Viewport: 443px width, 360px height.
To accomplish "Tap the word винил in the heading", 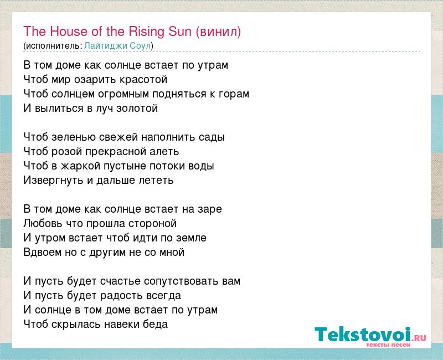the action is (218, 32).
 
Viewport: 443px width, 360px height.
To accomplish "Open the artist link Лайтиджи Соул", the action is (117, 45).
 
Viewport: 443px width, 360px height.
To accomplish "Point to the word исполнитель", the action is (53, 46).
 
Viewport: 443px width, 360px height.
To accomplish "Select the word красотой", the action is (143, 80).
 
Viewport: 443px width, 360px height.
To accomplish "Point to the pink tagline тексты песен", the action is (388, 344).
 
